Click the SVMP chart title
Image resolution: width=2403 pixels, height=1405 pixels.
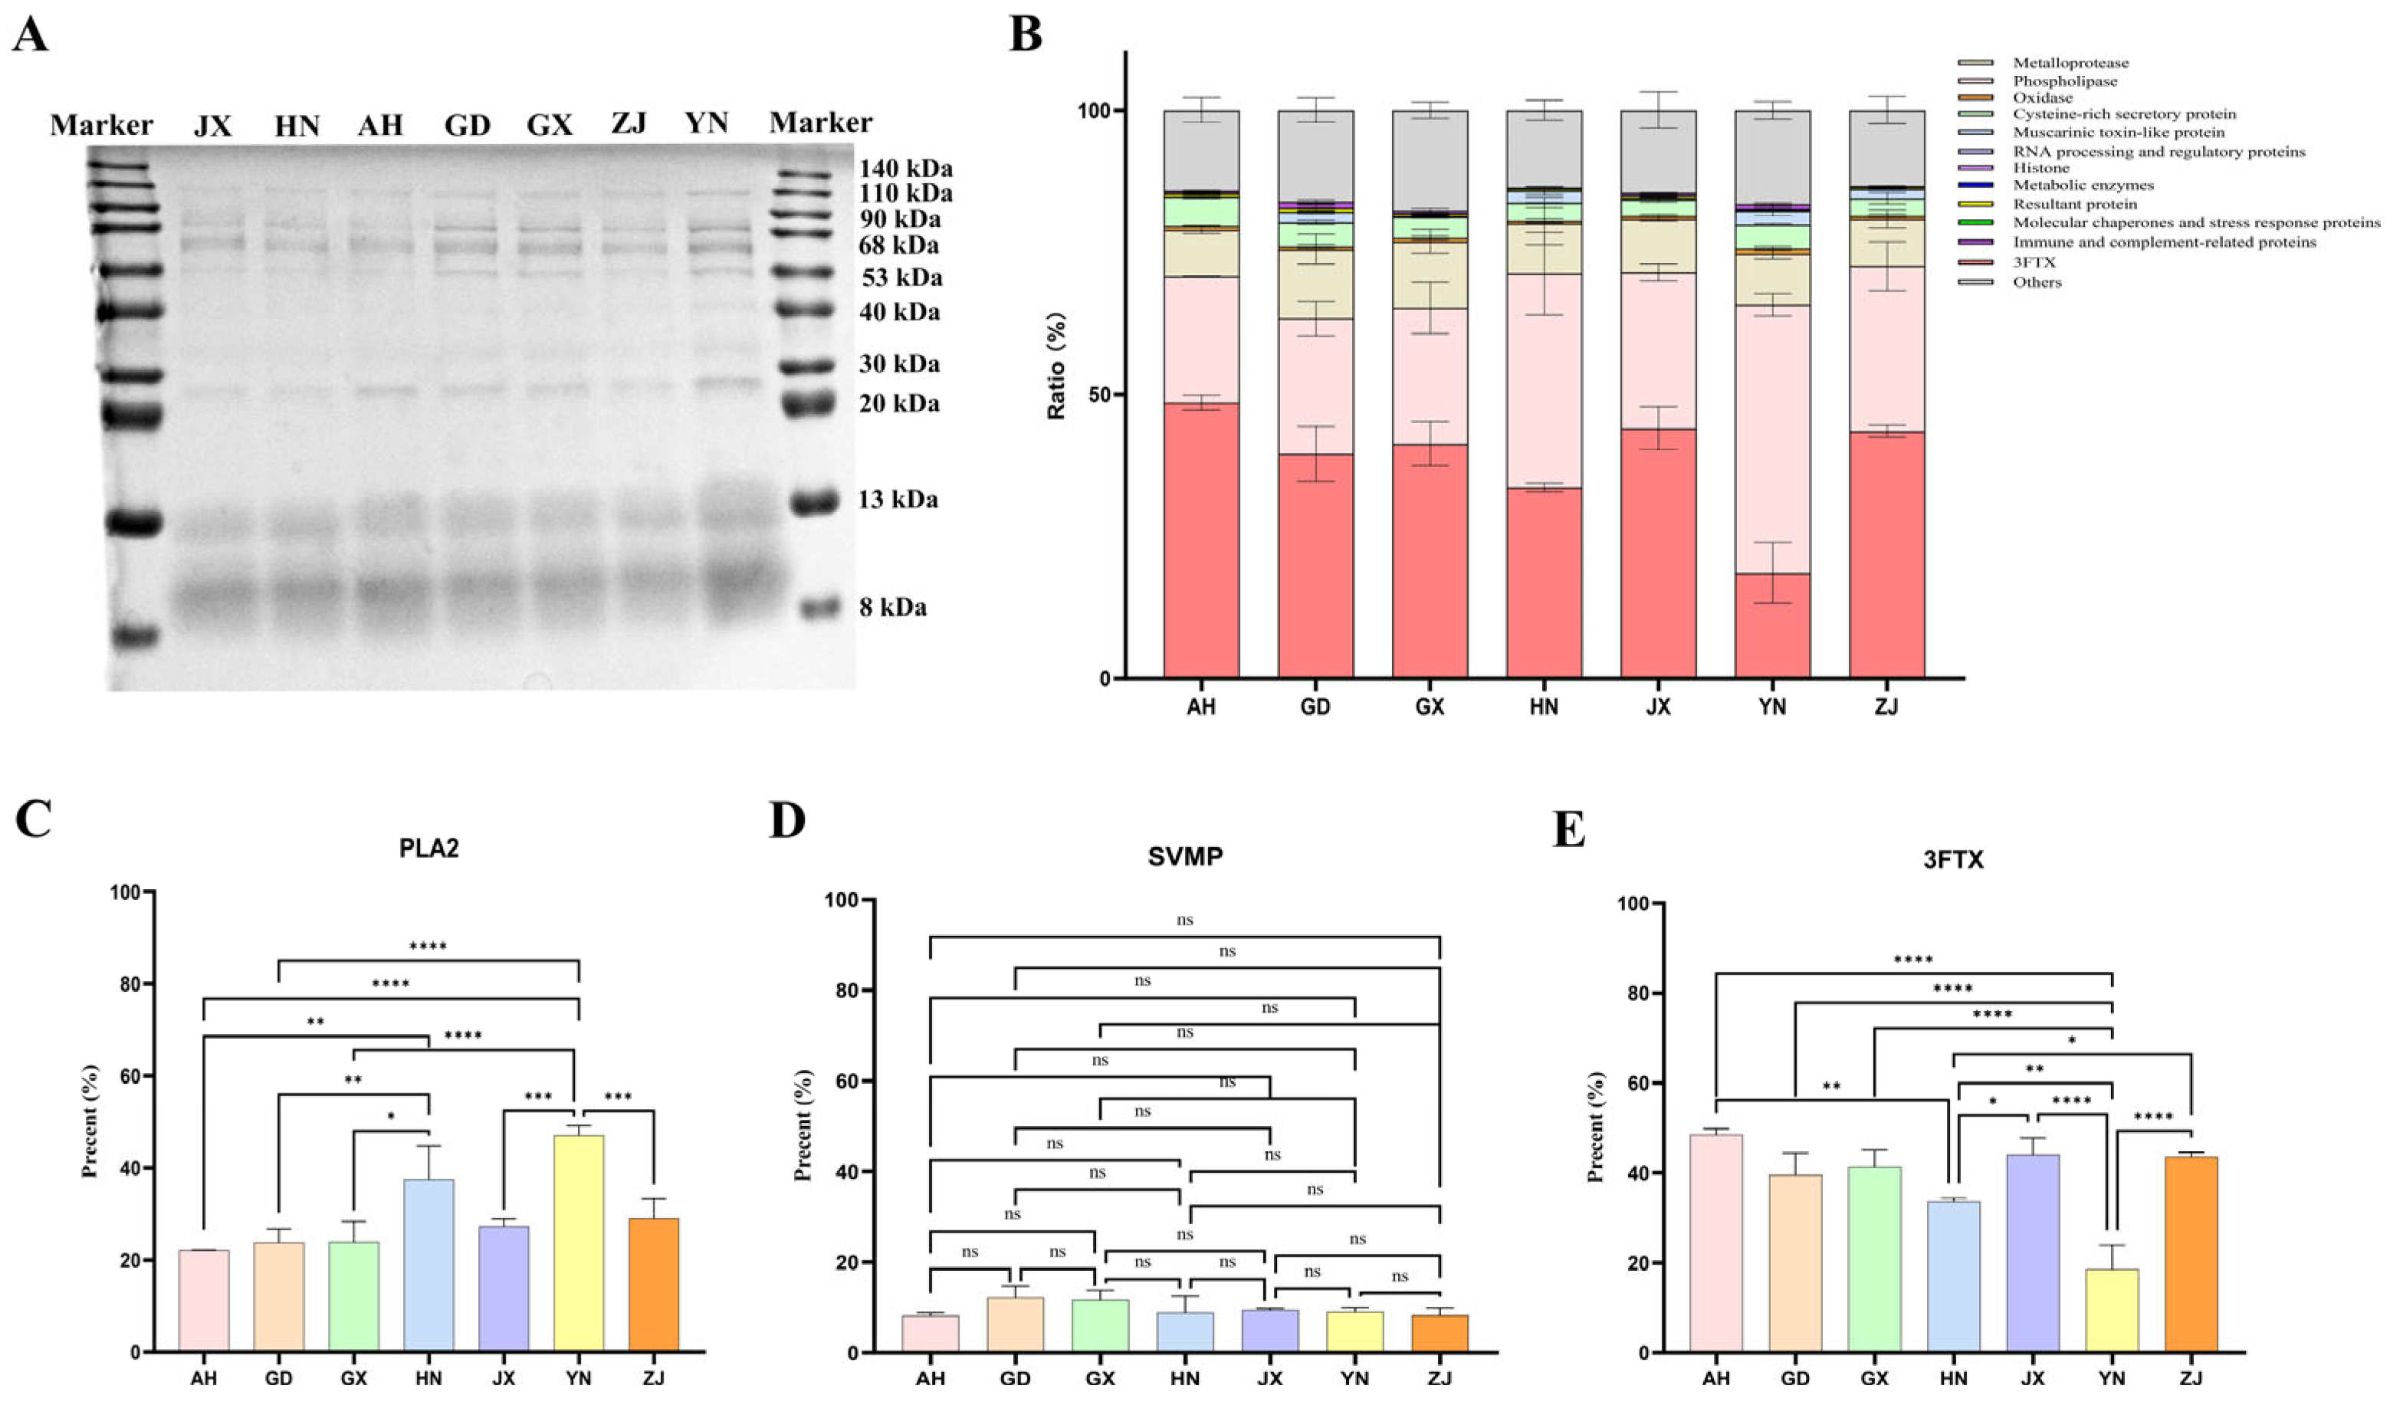(1185, 856)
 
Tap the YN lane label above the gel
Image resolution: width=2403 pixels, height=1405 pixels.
(706, 123)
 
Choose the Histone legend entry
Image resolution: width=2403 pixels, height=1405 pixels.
(2040, 168)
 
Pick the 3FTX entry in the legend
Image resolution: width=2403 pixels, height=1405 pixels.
(2034, 262)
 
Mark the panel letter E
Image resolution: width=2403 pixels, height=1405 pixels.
(1568, 830)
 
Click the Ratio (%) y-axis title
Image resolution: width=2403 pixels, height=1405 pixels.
(1056, 366)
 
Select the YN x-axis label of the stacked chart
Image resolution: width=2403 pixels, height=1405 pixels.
(1771, 707)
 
